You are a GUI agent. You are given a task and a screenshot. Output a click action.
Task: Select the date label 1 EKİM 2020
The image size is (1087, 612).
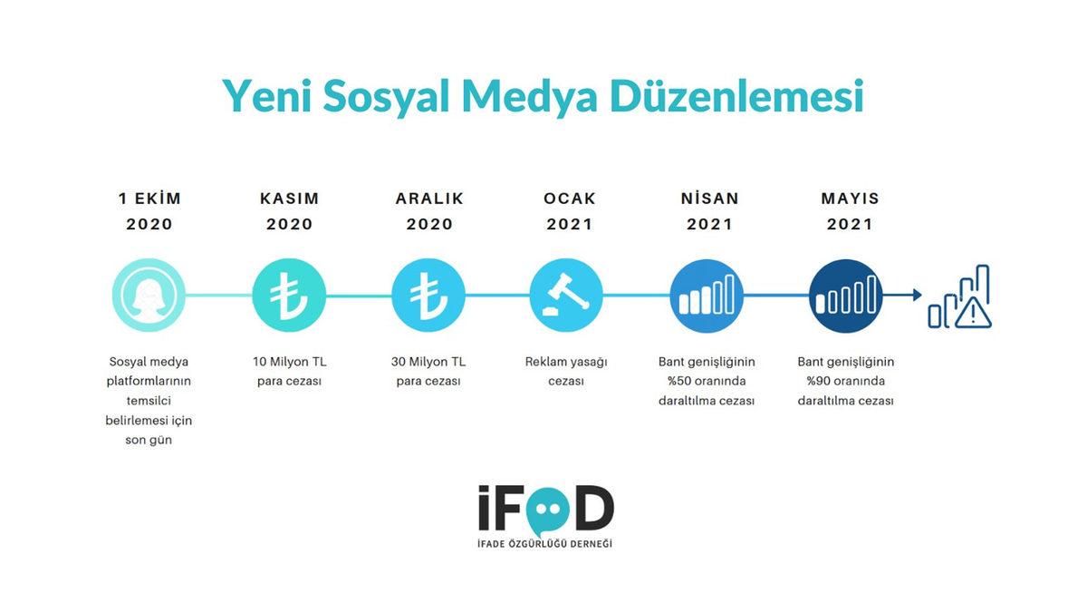149,211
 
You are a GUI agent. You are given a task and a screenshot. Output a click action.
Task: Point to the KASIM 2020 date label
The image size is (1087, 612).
289,211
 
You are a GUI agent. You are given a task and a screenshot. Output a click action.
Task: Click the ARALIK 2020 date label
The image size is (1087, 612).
429,211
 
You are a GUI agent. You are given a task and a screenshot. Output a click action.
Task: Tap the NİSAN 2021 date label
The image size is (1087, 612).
709,211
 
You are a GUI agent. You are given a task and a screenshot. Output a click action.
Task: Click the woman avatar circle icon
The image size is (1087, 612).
149,296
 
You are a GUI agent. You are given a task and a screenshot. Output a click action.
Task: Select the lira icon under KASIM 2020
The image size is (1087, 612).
289,296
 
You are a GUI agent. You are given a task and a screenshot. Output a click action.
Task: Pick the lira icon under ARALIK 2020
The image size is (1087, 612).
428,296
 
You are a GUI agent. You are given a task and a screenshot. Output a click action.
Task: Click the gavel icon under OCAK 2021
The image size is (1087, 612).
567,296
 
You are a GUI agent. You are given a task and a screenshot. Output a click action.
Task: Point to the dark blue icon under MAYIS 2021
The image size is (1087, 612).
846,296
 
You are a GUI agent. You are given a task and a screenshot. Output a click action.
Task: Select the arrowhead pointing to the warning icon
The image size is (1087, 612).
917,295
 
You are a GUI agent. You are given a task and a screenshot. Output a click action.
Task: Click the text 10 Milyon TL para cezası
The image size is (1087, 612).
289,372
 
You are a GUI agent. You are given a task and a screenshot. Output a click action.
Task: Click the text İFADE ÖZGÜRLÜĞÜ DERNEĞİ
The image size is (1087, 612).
545,543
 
